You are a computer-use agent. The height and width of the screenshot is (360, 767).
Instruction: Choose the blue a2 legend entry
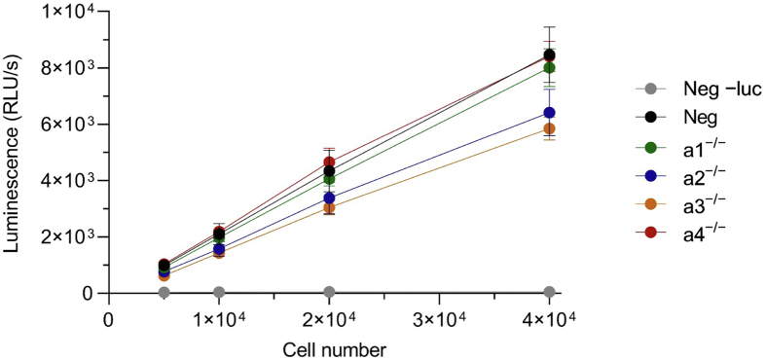(x=681, y=174)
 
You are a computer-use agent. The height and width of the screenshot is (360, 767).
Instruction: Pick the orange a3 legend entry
(x=681, y=202)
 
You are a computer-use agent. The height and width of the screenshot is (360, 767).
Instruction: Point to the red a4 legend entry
(x=681, y=231)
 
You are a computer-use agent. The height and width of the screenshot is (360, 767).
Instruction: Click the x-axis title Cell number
(x=329, y=347)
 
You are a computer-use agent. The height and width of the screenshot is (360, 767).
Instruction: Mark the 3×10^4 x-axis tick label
(x=439, y=318)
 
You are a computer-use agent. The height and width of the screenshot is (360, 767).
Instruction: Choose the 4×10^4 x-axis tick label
(x=549, y=318)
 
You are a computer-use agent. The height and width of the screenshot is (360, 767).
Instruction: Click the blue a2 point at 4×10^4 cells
(x=550, y=113)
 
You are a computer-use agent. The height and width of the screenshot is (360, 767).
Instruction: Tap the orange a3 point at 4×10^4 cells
(x=550, y=128)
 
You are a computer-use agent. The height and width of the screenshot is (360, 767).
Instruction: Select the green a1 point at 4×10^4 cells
(x=550, y=67)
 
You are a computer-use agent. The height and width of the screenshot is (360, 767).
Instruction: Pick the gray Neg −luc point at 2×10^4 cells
(x=330, y=292)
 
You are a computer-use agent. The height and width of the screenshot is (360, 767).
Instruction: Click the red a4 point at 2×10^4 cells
(x=330, y=162)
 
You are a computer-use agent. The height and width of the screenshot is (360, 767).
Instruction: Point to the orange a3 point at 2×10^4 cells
(x=330, y=208)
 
